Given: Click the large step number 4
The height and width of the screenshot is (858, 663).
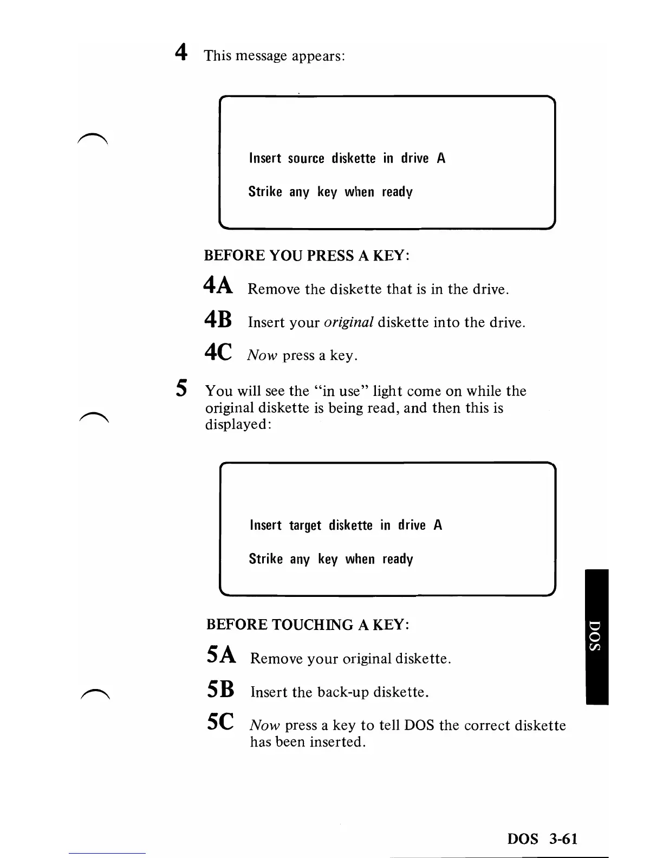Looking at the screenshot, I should [x=181, y=53].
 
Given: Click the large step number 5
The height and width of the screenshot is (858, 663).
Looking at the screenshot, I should [x=182, y=388].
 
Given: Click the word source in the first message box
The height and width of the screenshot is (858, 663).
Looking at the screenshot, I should [x=306, y=159].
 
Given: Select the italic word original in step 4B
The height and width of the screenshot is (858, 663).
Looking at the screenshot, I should [x=348, y=323].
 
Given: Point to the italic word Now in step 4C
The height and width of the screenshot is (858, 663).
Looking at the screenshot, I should [x=263, y=355].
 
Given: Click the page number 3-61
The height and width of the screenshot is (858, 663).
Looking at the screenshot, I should [x=563, y=839].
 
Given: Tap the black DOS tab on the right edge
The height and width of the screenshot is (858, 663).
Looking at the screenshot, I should [x=597, y=636].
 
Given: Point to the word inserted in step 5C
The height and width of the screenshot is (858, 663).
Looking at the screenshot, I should [x=336, y=742].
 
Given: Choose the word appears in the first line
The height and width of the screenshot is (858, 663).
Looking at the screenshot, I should [x=317, y=56].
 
